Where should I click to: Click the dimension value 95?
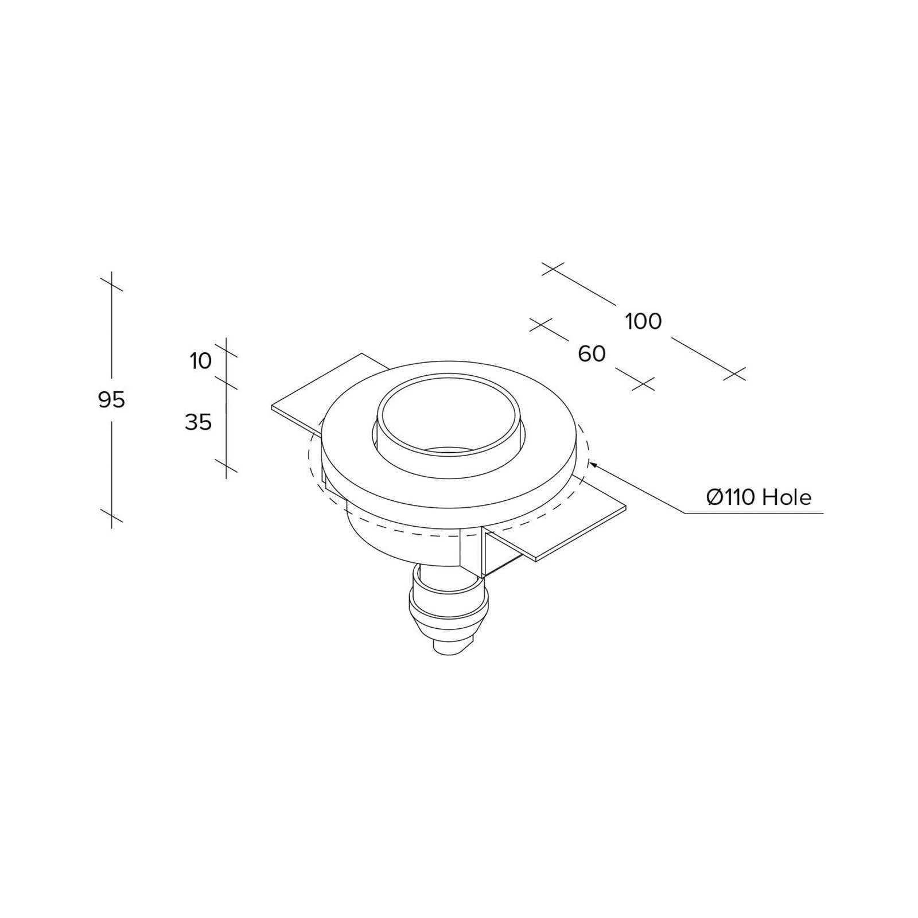(x=111, y=399)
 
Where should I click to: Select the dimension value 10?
(x=201, y=361)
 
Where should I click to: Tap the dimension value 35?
(x=199, y=422)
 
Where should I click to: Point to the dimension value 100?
(x=643, y=321)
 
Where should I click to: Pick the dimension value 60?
(x=592, y=354)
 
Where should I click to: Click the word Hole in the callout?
(x=787, y=497)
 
